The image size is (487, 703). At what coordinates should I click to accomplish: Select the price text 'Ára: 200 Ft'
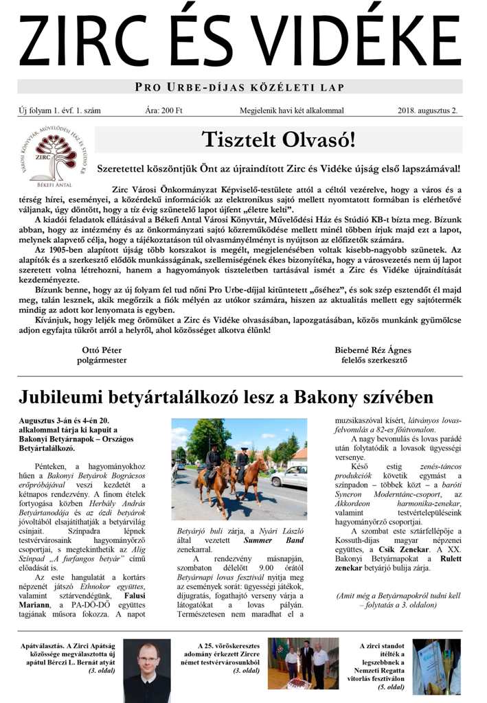[163, 110]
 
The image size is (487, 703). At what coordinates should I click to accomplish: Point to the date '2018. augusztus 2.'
[427, 110]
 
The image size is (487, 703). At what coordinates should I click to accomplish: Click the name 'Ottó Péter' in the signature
[102, 349]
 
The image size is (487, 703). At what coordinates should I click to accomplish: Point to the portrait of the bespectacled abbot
[147, 669]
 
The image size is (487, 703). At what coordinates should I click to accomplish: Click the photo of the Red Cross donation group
[303, 664]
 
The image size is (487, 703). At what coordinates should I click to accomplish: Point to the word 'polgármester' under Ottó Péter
[102, 360]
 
